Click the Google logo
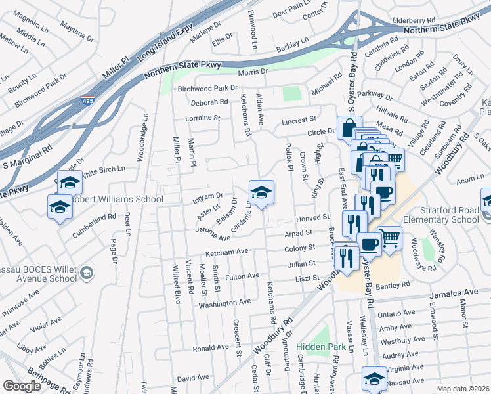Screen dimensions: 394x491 pyautogui.click(x=22, y=386)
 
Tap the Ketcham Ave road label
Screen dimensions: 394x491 pyautogui.click(x=226, y=251)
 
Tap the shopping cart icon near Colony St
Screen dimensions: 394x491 pyautogui.click(x=389, y=237)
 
